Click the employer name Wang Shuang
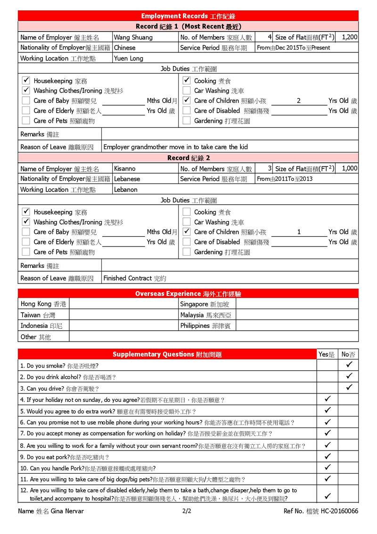pos(133,37)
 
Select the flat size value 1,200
pos(349,37)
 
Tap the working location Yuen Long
pos(129,58)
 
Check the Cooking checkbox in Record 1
pos(187,81)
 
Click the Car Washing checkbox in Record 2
pos(187,222)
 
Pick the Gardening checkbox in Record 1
pos(187,121)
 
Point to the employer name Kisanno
pos(125,168)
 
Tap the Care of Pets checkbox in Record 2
pos(26,252)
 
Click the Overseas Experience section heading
pos(188,293)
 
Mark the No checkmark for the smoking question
pos(349,365)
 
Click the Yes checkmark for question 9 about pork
pos(328,456)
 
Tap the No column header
pos(348,354)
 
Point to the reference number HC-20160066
pos(339,511)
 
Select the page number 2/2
pos(187,511)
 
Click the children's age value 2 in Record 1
pos(299,100)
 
